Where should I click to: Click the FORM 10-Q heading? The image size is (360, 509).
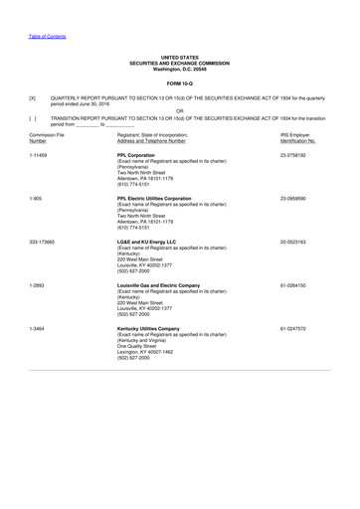179,82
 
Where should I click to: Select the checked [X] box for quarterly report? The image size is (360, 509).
33,98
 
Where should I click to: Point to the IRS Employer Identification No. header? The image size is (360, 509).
303,137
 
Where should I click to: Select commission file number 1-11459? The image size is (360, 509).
41,156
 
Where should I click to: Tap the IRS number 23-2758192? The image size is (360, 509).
298,156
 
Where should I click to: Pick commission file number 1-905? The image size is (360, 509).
37,199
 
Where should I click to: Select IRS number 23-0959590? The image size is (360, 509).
298,199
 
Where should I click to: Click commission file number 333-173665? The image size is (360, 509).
45,242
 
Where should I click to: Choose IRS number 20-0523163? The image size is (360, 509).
298,242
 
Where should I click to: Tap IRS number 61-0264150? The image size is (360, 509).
298,284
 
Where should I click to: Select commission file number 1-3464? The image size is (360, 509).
38,327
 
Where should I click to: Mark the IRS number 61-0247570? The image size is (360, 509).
298,327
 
